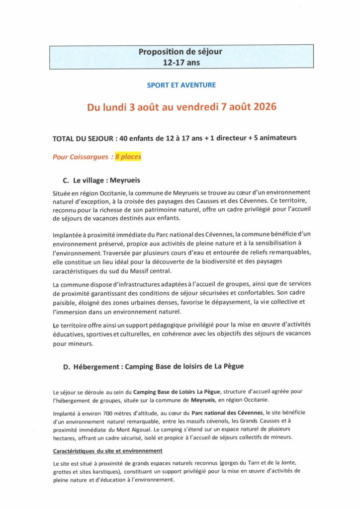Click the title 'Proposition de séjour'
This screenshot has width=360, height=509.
pos(180,52)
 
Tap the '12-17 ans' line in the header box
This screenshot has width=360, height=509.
pos(180,63)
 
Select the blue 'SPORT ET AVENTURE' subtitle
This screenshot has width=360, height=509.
pos(181,85)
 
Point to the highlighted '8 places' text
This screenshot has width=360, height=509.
pos(128,157)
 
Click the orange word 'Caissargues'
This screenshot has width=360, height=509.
pos(87,157)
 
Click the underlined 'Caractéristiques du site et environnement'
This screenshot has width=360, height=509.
pos(107,450)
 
